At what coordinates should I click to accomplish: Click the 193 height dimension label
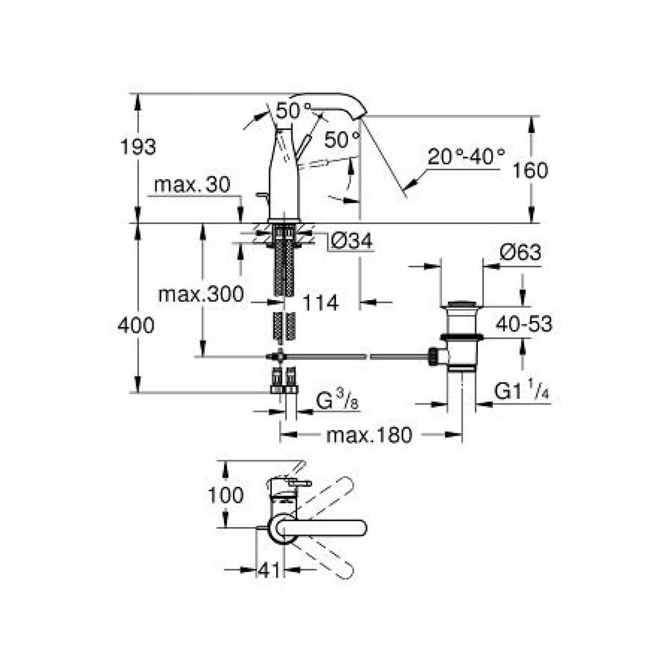click(138, 147)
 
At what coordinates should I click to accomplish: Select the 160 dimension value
click(530, 170)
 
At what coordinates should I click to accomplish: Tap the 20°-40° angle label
click(466, 157)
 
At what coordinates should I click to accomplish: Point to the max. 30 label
click(192, 184)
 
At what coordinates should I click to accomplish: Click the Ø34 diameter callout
click(351, 241)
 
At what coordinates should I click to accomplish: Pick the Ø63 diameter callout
click(520, 252)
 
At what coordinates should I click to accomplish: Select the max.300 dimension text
click(201, 294)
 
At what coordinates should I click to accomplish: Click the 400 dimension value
click(136, 325)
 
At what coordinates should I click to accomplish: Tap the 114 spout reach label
click(321, 302)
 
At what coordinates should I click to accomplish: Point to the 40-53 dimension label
click(524, 324)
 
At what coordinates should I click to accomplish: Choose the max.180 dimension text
click(369, 435)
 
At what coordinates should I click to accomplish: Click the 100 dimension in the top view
click(226, 495)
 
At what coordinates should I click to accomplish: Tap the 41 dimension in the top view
click(269, 570)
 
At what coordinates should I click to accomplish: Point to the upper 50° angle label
click(293, 111)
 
